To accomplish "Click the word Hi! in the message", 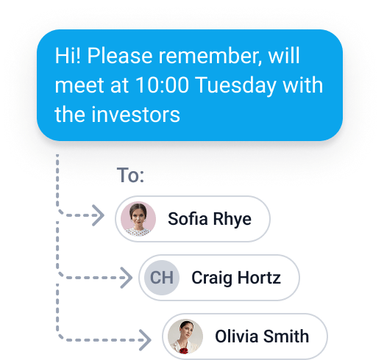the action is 68,56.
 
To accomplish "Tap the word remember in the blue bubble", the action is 210,56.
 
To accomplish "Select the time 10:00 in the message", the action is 162,85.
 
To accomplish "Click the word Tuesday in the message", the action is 236,86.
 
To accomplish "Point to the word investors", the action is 135,115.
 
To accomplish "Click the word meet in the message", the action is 79,85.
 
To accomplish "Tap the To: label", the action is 130,175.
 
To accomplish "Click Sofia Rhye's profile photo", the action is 138,219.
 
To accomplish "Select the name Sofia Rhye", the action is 210,219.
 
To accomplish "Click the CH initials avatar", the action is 162,278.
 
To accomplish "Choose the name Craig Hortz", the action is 236,278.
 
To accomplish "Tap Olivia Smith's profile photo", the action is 185,336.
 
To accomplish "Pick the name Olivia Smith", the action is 262,336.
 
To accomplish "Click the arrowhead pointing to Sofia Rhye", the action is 99,215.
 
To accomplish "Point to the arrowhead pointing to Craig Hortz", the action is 127,278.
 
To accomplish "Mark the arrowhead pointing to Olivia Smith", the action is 146,340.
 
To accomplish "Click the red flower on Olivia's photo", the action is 183,350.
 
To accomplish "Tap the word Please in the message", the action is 120,56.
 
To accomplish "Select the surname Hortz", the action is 259,278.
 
